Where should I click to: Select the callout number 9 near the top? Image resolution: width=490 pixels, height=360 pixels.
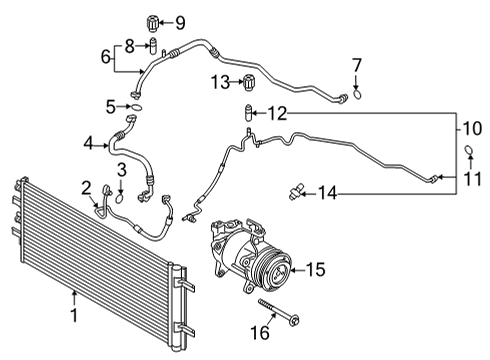tap(180, 22)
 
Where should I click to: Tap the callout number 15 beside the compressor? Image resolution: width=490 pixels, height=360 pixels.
tap(316, 268)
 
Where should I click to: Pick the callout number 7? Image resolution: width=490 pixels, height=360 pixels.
tap(357, 65)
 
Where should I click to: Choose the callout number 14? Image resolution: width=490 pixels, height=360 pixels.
tap(329, 192)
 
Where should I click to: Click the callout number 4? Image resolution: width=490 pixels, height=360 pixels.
tap(90, 145)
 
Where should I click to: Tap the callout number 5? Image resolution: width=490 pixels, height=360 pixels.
tap(112, 105)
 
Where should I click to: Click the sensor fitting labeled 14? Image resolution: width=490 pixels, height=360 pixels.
tap(296, 189)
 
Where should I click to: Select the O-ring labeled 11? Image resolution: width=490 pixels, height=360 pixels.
tap(466, 150)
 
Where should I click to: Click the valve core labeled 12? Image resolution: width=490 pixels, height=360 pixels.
tap(240, 114)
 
